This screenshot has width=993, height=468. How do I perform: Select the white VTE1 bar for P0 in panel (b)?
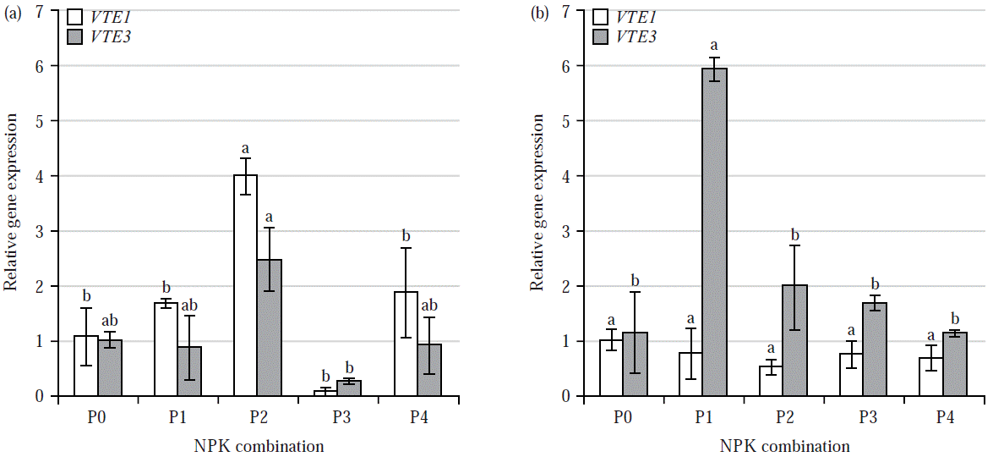[x=611, y=368]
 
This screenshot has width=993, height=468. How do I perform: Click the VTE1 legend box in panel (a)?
[x=74, y=16]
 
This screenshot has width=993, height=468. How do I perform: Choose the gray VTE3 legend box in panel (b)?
[x=601, y=36]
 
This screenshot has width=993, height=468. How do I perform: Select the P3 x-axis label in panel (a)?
[x=336, y=418]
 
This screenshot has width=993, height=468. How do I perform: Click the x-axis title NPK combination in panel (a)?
[x=259, y=446]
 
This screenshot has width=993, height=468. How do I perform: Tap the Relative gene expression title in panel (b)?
[x=538, y=203]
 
